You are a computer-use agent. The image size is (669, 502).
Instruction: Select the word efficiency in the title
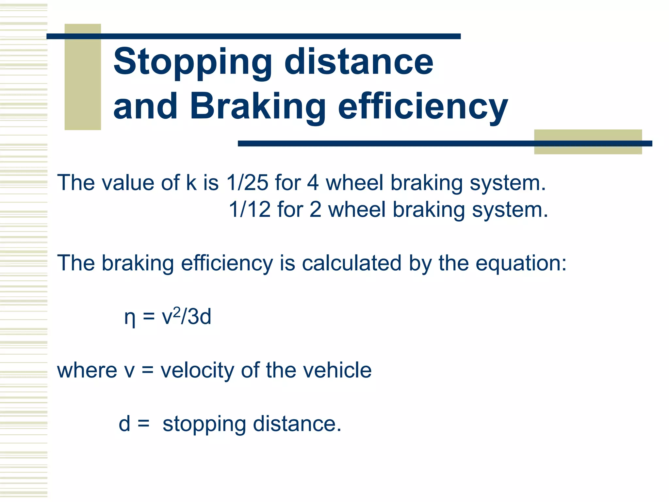(x=423, y=107)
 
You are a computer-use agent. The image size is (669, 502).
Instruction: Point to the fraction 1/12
(x=250, y=209)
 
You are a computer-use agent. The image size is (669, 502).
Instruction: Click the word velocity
(x=197, y=370)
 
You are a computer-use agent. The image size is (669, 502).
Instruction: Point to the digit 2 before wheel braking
(x=315, y=209)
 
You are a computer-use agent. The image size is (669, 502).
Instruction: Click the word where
(x=87, y=370)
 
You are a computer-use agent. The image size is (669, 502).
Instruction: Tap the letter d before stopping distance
(x=124, y=424)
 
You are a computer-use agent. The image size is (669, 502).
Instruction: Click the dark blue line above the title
(x=253, y=36)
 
